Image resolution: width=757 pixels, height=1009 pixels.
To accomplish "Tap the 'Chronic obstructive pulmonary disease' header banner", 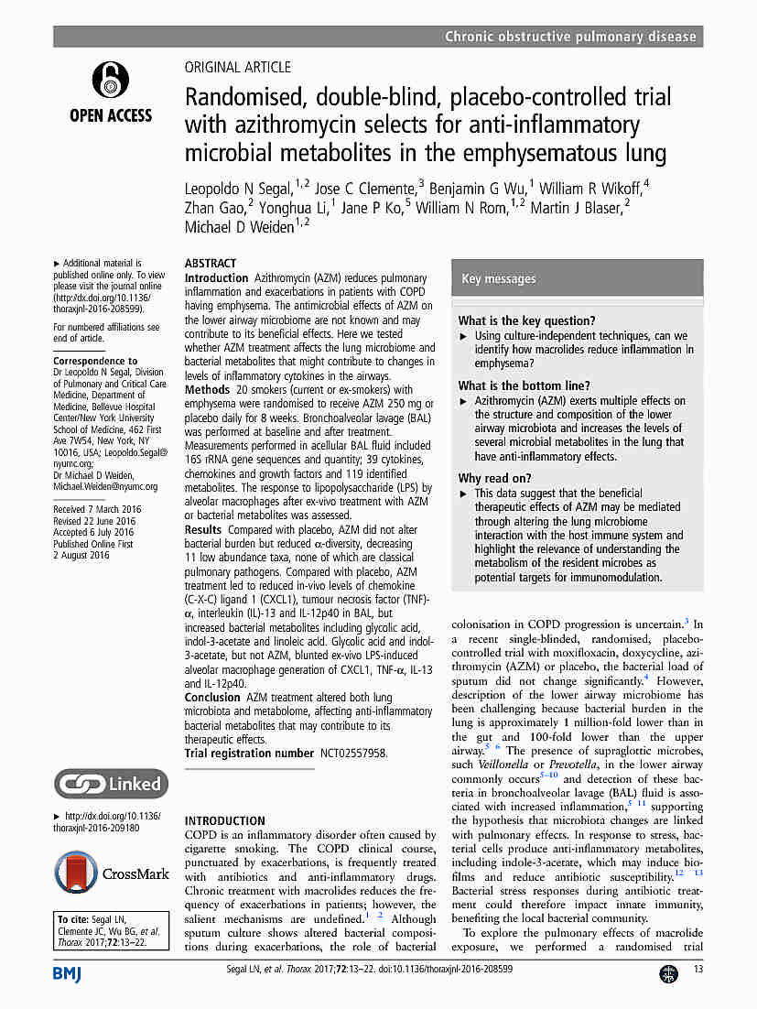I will [x=570, y=37].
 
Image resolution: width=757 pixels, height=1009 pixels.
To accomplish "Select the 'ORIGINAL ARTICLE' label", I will [x=238, y=67].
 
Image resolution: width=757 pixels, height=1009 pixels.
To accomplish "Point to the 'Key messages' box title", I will [x=499, y=278].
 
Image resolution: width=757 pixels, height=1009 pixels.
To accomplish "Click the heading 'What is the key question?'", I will [x=526, y=320].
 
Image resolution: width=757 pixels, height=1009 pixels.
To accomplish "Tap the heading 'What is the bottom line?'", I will [x=524, y=385].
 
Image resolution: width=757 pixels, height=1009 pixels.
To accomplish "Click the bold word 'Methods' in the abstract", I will [x=208, y=390].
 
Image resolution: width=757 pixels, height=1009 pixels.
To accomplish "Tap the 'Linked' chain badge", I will [x=111, y=784].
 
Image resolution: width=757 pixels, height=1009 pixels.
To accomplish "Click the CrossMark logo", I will [x=112, y=874].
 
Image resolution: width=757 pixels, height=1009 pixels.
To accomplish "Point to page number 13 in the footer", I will [x=698, y=970].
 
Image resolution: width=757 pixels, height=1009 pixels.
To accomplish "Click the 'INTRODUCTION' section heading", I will [x=225, y=821].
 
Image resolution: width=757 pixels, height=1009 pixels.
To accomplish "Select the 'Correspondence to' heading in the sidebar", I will [x=95, y=361].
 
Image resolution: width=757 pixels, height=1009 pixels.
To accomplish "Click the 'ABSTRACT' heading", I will [x=211, y=263].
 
